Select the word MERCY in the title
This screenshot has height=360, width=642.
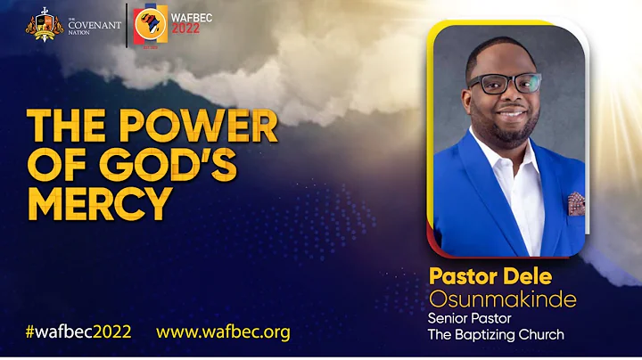[99, 202]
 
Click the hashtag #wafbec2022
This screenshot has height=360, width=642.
[78, 332]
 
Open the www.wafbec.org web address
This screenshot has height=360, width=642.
[223, 332]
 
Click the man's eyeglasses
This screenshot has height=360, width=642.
[505, 85]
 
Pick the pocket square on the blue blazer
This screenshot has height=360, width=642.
[576, 203]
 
